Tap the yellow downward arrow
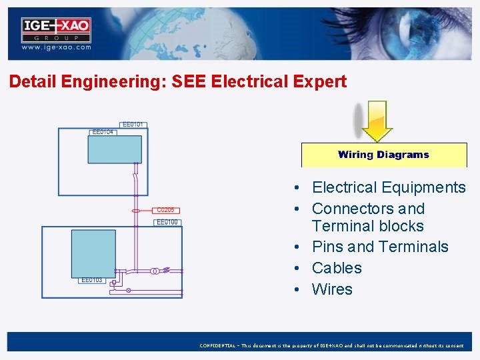pyautogui.click(x=377, y=121)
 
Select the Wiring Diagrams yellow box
pyautogui.click(x=383, y=155)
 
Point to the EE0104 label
pyautogui.click(x=103, y=133)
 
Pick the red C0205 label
pyautogui.click(x=165, y=210)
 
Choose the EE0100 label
pyautogui.click(x=167, y=222)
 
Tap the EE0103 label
pyautogui.click(x=91, y=280)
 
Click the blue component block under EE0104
pyautogui.click(x=115, y=149)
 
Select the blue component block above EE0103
pyautogui.click(x=93, y=253)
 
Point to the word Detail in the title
pyautogui.click(x=32, y=82)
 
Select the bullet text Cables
pyautogui.click(x=337, y=268)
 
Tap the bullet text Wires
pyautogui.click(x=332, y=289)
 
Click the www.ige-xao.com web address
pyautogui.click(x=56, y=48)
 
